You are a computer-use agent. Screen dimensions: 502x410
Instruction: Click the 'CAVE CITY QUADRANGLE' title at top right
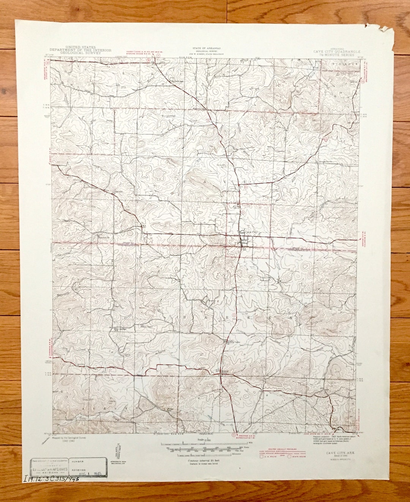click(337, 51)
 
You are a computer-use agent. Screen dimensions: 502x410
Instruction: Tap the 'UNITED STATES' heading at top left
click(80, 47)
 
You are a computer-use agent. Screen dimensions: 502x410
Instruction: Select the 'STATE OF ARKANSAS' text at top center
click(208, 49)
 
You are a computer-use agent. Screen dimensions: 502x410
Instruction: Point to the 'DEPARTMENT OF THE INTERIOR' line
click(80, 50)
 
